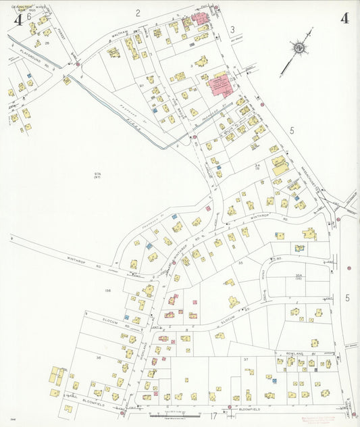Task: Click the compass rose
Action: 299,49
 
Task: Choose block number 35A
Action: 299,276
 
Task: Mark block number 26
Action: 47,43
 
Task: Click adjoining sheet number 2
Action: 138,12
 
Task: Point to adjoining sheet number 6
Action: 29,17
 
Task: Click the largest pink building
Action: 220,86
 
